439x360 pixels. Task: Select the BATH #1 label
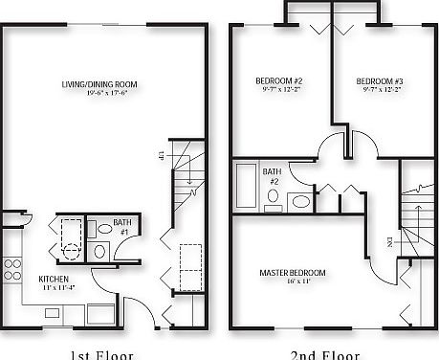click(x=123, y=227)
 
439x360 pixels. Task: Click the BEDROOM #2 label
click(x=278, y=79)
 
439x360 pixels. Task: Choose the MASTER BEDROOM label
click(x=293, y=273)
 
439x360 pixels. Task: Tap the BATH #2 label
click(x=273, y=176)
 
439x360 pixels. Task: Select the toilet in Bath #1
click(x=100, y=250)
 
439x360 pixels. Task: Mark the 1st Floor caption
click(x=102, y=353)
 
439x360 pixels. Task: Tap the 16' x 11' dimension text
click(x=292, y=283)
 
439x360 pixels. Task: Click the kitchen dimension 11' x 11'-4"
click(x=54, y=287)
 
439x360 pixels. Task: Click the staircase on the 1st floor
click(x=187, y=182)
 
